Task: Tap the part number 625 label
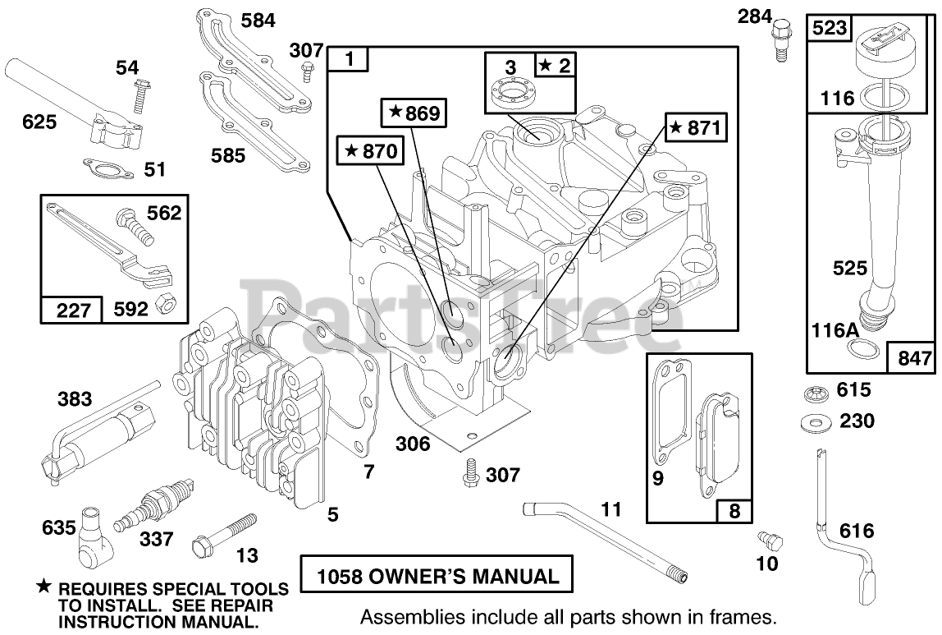39,122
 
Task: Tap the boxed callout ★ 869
415,113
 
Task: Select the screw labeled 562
136,222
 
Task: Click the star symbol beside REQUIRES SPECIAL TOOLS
43,587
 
